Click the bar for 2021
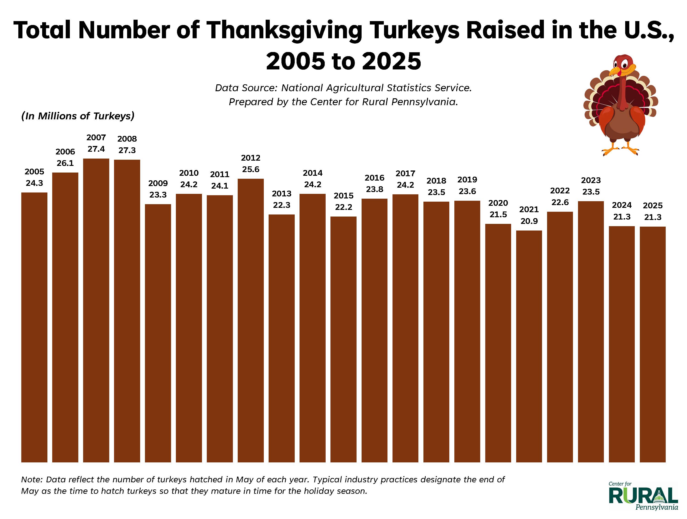coord(529,346)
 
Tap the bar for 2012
coord(251,320)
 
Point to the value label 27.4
coord(96,149)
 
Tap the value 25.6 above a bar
coord(251,169)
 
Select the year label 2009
coord(158,183)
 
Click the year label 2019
coord(467,180)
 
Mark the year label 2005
coord(34,172)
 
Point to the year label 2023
coord(591,180)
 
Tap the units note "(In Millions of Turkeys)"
coord(78,116)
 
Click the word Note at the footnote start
coord(31,480)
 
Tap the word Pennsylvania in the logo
coord(657,507)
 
